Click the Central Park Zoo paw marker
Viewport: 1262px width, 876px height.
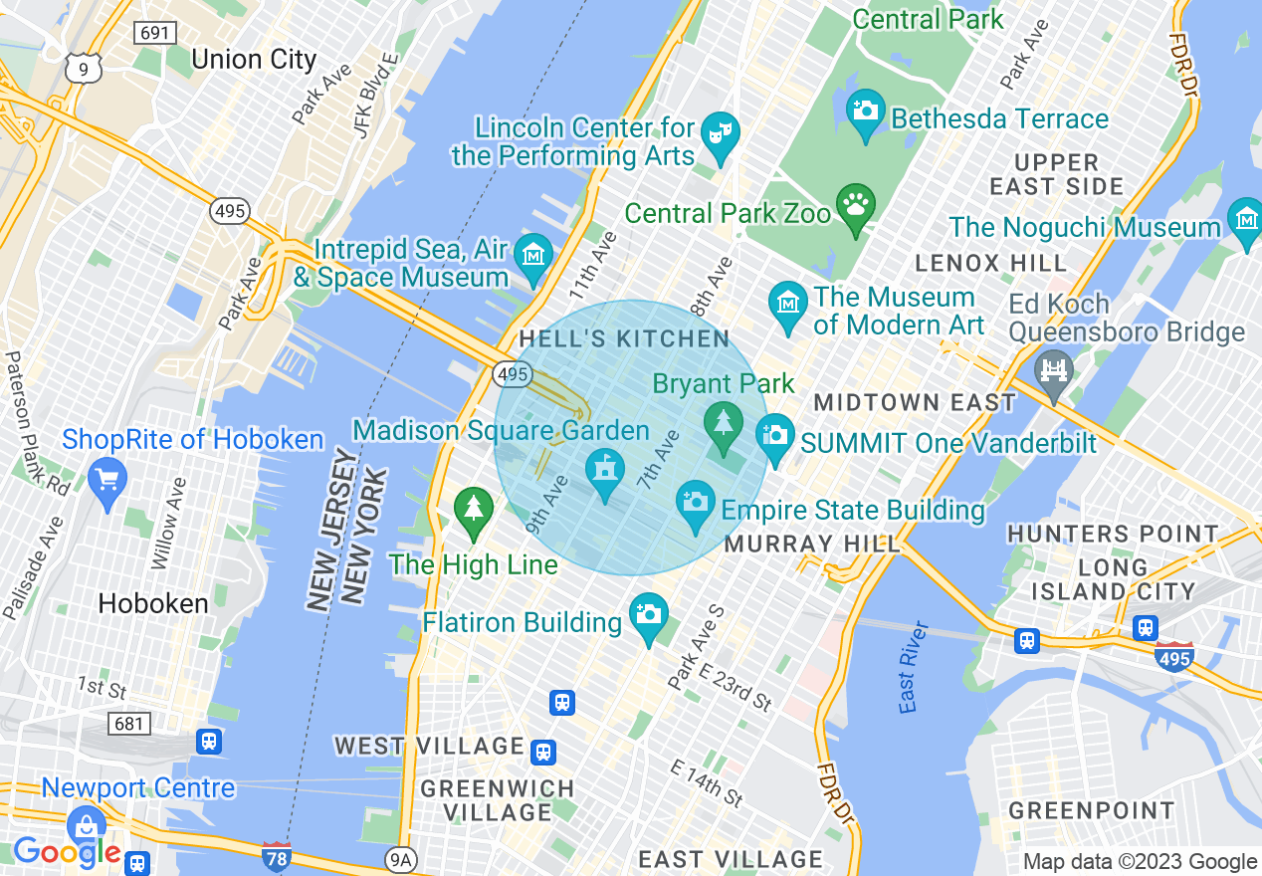coord(855,206)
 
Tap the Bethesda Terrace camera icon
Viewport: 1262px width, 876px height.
coord(865,110)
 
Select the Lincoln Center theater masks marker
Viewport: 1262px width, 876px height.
coord(720,134)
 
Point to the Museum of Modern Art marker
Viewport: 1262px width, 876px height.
coord(789,303)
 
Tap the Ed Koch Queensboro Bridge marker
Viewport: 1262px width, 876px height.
coord(1053,371)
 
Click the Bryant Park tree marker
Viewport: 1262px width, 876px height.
coord(724,422)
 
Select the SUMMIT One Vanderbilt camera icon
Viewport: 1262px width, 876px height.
coord(775,435)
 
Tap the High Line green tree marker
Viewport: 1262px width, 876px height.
coord(474,509)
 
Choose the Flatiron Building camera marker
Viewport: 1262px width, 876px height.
coord(649,614)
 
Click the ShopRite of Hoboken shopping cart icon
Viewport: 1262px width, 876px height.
coord(107,479)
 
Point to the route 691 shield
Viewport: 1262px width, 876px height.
coord(156,32)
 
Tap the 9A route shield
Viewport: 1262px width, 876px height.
coord(400,858)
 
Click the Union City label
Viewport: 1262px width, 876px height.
coord(253,59)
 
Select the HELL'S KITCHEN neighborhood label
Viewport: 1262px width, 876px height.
coord(624,338)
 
